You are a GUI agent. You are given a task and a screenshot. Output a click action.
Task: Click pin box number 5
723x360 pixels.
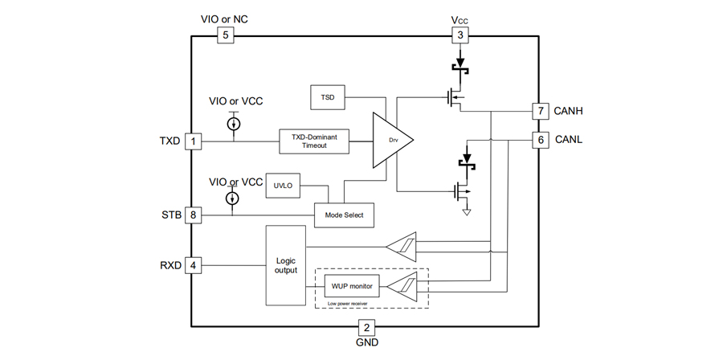point(225,35)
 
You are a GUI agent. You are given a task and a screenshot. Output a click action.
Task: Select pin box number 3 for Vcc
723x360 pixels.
point(460,35)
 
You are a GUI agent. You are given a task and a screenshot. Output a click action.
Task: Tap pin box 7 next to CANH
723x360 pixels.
point(540,110)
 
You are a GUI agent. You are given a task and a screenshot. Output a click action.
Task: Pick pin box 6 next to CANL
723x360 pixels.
point(540,140)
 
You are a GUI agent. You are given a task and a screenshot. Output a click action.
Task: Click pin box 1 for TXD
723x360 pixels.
point(193,141)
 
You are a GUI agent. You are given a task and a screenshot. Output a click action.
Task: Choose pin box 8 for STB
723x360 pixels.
point(193,215)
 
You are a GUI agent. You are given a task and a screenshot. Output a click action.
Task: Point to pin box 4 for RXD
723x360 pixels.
point(193,264)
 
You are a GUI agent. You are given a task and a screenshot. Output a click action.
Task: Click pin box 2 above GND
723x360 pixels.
point(366,328)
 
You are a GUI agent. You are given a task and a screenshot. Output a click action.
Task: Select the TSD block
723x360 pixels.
point(327,97)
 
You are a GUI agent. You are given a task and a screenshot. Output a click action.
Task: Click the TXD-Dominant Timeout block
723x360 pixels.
point(315,141)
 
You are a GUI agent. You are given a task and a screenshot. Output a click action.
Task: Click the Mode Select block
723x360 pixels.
point(344,215)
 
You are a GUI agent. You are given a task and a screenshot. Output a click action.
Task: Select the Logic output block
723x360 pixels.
point(286,265)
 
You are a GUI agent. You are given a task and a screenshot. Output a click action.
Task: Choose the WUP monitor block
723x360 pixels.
point(345,285)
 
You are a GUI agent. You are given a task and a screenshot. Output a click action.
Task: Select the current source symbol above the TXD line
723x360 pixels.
point(233,124)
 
